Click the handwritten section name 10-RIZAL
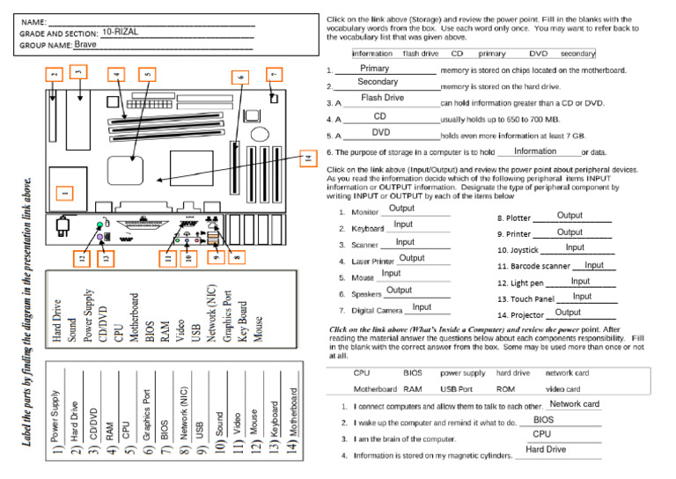[121, 32]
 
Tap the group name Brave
[86, 44]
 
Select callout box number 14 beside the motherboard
[306, 159]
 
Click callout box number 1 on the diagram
[63, 192]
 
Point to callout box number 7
[274, 75]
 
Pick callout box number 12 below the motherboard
[82, 258]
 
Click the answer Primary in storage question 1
[374, 69]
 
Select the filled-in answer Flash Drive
[382, 98]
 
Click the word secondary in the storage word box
[577, 54]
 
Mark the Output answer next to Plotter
[569, 216]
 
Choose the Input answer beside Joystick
[575, 248]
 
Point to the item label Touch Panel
[525, 299]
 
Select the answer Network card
[574, 404]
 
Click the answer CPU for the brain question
[542, 434]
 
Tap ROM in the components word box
[505, 388]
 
